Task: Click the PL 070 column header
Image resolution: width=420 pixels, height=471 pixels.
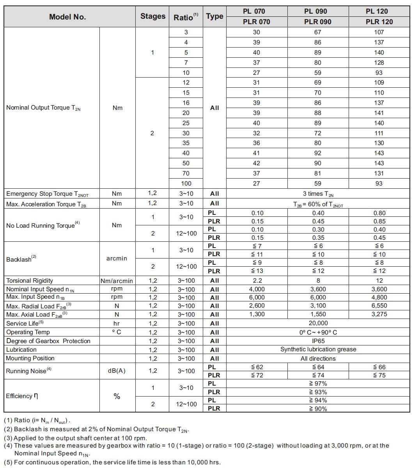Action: pos(257,11)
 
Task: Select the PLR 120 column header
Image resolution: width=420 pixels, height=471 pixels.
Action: pos(379,22)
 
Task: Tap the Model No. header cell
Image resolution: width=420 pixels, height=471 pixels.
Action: pos(67,17)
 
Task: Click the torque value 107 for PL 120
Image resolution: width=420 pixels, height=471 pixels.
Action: pos(379,32)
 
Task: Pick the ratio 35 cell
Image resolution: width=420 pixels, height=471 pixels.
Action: pos(186,143)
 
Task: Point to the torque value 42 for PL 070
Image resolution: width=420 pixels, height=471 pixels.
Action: pos(257,163)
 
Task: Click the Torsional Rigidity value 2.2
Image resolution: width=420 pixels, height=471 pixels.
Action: pos(257,281)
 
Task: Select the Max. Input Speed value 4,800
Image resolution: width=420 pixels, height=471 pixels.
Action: pos(379,297)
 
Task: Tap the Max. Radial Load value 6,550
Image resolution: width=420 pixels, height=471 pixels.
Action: pos(379,306)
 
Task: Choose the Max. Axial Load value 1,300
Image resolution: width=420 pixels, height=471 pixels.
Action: pos(257,314)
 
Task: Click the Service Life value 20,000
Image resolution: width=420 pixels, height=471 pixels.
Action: pos(318,323)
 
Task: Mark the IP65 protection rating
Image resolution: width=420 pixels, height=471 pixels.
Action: pos(318,341)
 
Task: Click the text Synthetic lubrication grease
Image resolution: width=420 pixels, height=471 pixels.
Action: pos(318,350)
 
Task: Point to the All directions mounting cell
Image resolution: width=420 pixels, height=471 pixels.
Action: pos(318,359)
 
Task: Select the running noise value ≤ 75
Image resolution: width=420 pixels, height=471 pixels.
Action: pos(379,375)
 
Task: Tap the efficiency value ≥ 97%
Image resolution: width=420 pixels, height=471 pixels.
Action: pos(318,384)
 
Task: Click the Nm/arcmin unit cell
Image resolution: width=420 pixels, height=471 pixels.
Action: pos(117,281)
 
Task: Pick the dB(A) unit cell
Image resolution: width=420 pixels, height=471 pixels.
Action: pos(117,371)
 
